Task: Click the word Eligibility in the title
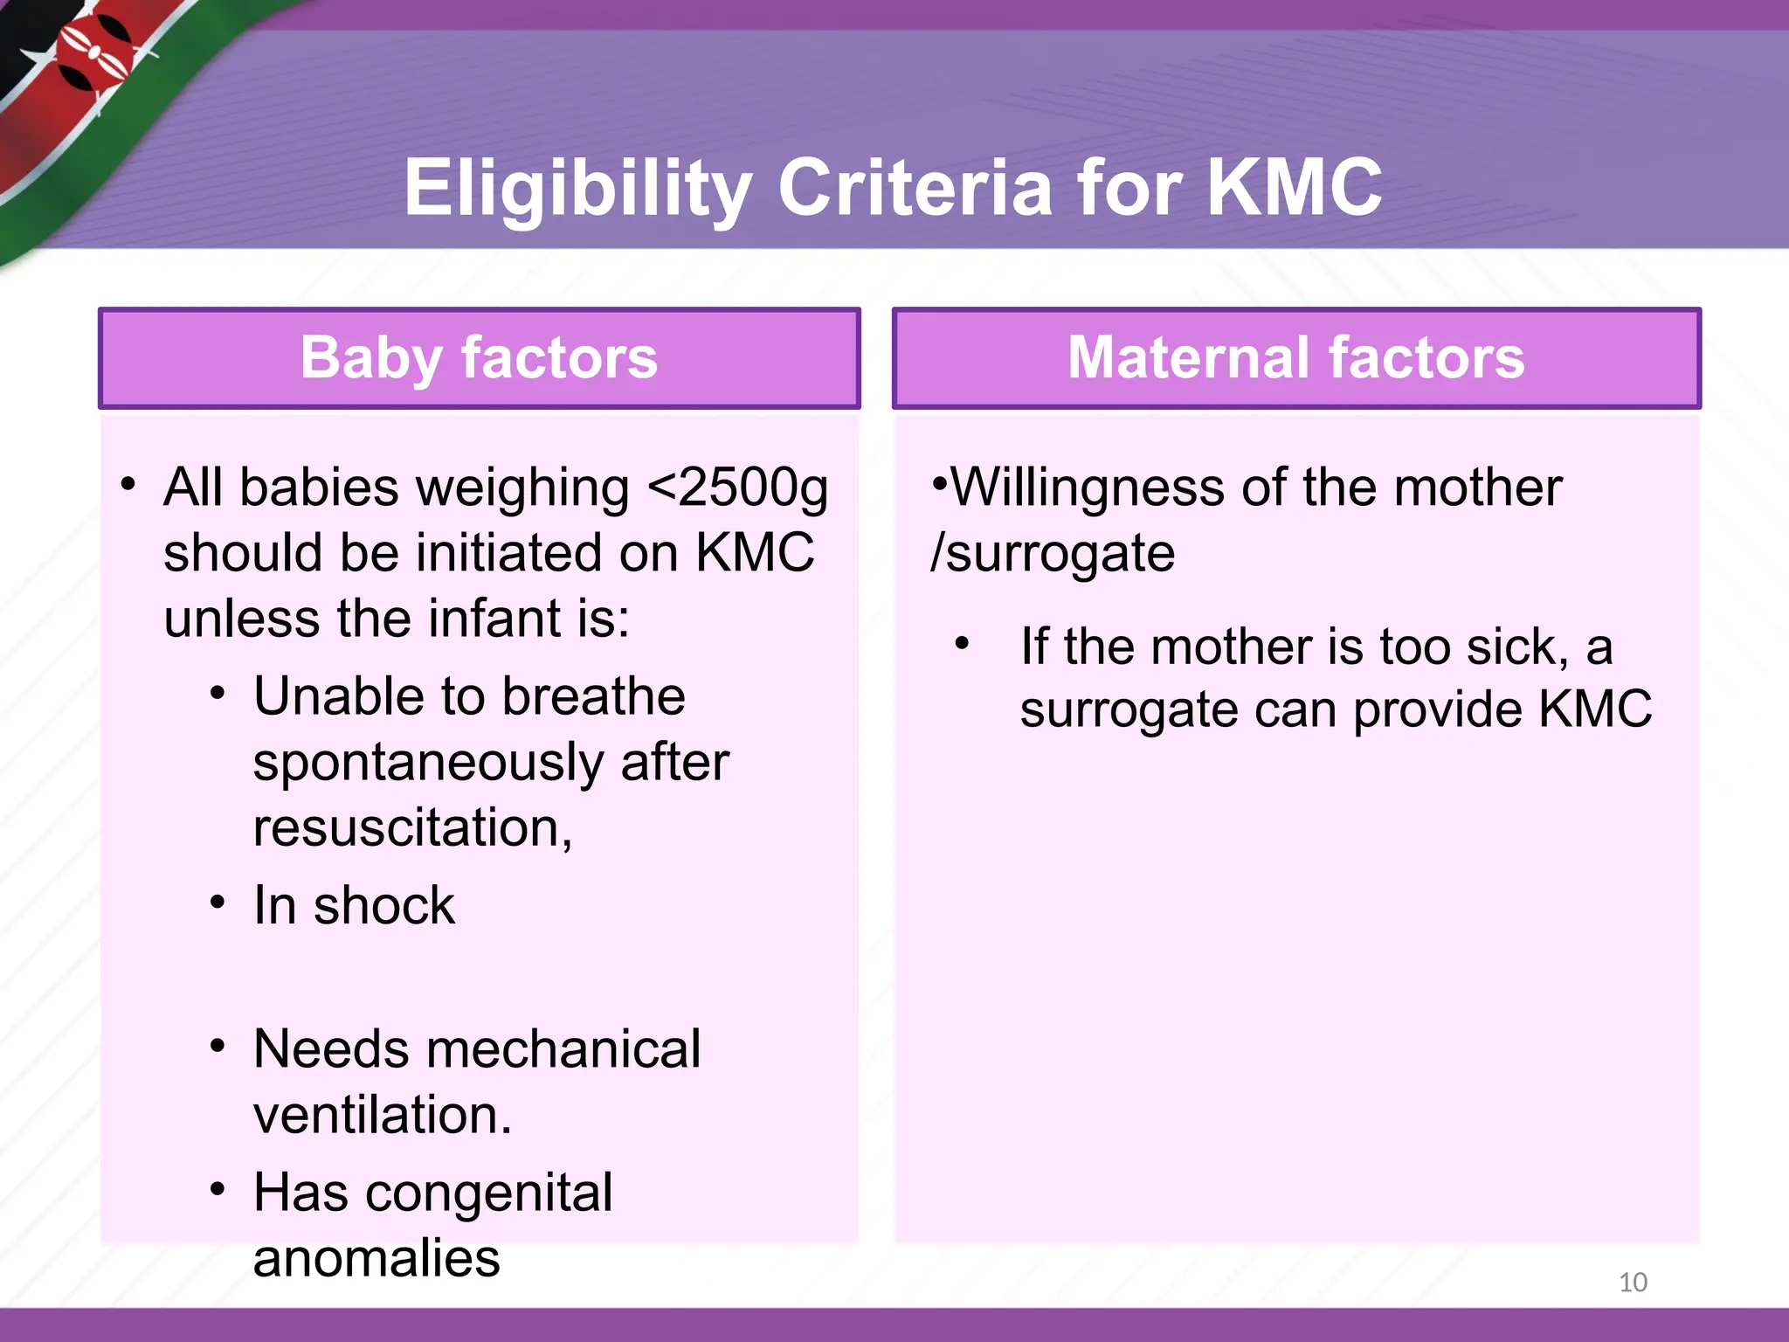click(x=577, y=188)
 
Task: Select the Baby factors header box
click(x=479, y=358)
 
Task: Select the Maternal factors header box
click(x=1296, y=358)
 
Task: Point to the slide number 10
click(x=1633, y=1282)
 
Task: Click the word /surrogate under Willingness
click(x=1053, y=554)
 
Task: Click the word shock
click(x=384, y=905)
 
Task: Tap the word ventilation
click(x=382, y=1115)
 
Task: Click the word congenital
click(x=488, y=1193)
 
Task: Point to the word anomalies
click(x=376, y=1259)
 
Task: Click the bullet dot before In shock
click(x=218, y=902)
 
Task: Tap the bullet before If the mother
click(x=963, y=645)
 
